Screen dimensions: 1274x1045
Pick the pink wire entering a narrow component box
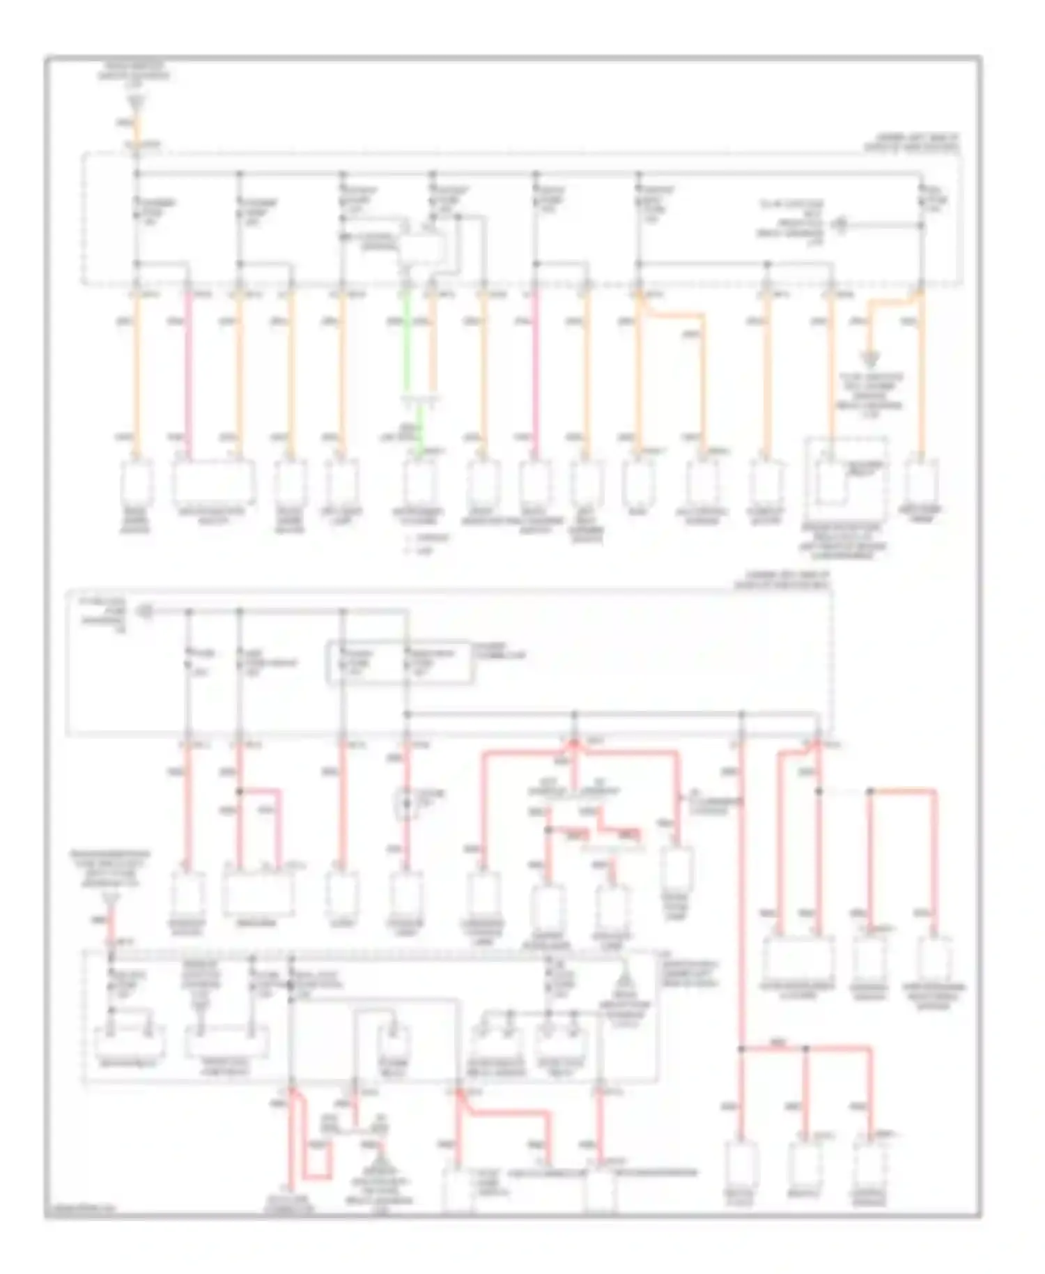[x=535, y=376]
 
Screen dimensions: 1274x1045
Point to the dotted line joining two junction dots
[x=844, y=792]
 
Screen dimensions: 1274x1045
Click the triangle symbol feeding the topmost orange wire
[x=137, y=102]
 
